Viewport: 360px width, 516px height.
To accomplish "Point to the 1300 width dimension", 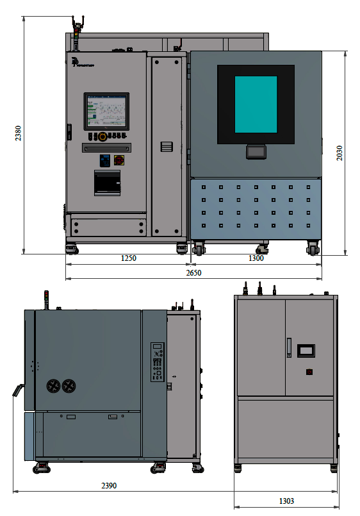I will pyautogui.click(x=256, y=258).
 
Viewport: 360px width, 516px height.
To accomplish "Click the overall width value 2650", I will pyautogui.click(x=193, y=273).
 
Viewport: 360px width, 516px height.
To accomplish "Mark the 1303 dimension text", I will pyautogui.click(x=286, y=501).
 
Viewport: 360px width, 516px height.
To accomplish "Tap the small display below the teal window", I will pyautogui.click(x=256, y=152).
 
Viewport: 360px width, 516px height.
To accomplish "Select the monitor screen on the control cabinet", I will pyautogui.click(x=107, y=111).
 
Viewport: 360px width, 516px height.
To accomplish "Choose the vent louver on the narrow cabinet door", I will pyautogui.click(x=167, y=146).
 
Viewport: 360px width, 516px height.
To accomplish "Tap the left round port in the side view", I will pyautogui.click(x=53, y=386).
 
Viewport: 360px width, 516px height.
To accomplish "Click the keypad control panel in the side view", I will pyautogui.click(x=158, y=362).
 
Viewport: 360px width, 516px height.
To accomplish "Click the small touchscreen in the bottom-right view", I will pyautogui.click(x=306, y=350).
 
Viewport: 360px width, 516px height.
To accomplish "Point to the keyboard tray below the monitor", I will pyautogui.click(x=107, y=147).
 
